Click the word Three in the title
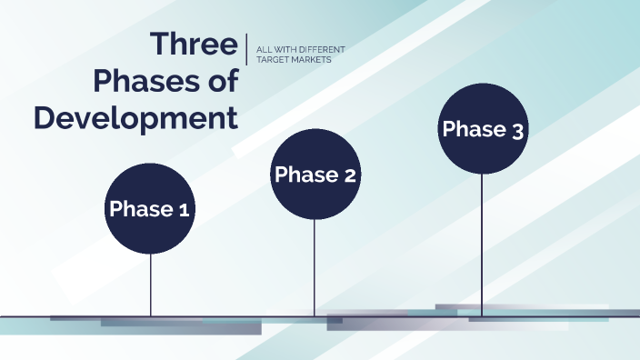(194, 44)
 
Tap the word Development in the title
(136, 118)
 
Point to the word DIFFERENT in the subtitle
(316, 48)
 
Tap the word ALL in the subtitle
(266, 48)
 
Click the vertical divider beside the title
(247, 49)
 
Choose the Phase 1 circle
(150, 209)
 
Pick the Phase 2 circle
(315, 175)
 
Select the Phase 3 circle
(482, 129)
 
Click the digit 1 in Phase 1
(183, 210)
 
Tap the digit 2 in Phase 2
(349, 175)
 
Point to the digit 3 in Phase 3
(517, 131)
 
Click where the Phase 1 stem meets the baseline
(150, 316)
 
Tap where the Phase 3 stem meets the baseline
(482, 316)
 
